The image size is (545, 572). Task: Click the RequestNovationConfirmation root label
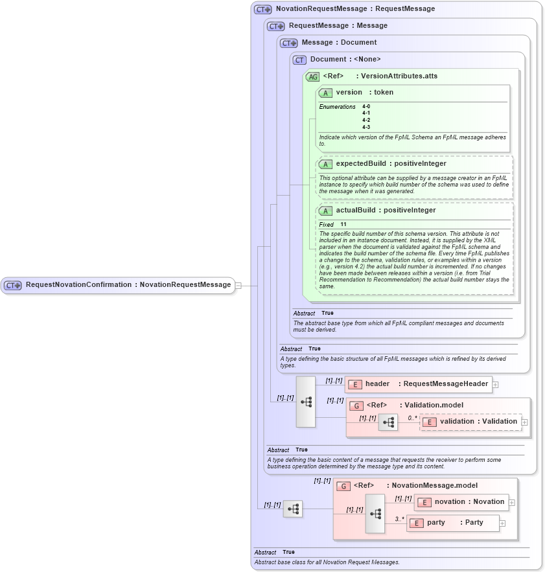[128, 285]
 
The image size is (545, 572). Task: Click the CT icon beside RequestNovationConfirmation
[13, 285]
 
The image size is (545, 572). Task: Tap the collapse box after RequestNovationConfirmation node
[238, 285]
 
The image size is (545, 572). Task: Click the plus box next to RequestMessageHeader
[495, 384]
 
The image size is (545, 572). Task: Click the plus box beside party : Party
[502, 523]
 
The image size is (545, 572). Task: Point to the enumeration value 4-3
[366, 127]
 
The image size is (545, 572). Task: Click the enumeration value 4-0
[366, 106]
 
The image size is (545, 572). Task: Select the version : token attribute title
[364, 93]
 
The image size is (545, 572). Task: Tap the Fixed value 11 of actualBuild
[343, 225]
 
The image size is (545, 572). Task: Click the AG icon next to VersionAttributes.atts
[312, 76]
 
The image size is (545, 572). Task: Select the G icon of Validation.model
[356, 406]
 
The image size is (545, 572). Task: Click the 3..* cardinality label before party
[400, 519]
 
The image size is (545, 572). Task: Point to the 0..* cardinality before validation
[412, 418]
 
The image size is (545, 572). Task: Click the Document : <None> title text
[345, 60]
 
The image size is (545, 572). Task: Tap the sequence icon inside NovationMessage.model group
[375, 513]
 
